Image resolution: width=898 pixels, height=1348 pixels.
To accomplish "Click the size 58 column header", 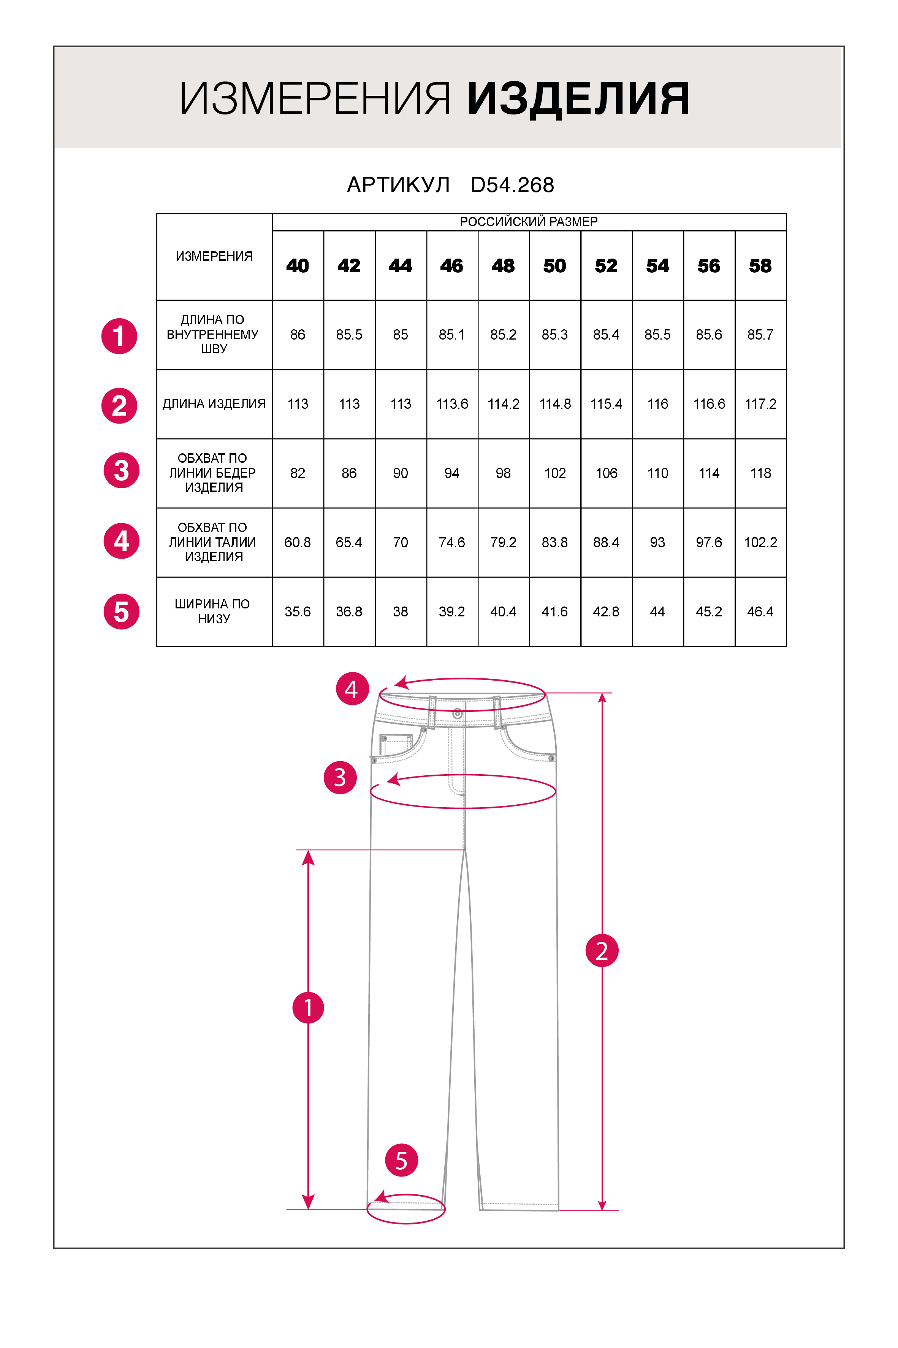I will (x=760, y=266).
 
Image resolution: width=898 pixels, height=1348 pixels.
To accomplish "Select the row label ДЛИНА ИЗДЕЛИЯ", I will (x=214, y=404).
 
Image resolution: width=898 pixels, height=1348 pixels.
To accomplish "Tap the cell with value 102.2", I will (x=760, y=543).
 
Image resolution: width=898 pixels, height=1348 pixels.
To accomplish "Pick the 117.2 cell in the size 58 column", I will (x=760, y=404).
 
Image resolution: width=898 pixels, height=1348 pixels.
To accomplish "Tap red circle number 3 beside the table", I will (x=121, y=470).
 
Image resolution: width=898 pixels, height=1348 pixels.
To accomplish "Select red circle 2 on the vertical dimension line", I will (x=601, y=951).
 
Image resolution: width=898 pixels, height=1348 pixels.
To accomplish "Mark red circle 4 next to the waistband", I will (x=352, y=689).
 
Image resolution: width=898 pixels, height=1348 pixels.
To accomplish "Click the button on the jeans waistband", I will (x=457, y=714).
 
